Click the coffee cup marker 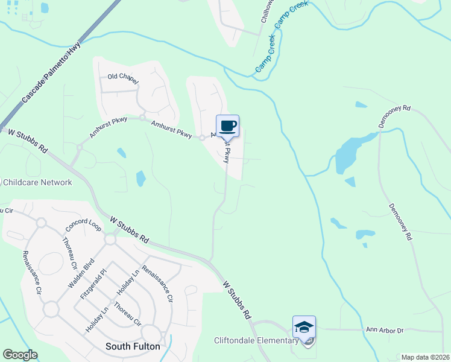(228, 127)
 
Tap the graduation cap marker (304, 328)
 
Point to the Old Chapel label (123, 77)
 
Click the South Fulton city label (133, 346)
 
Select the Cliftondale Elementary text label (256, 340)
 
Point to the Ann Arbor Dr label (384, 330)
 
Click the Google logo (20, 355)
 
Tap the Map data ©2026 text (425, 357)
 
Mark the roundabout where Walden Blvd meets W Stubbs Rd (110, 240)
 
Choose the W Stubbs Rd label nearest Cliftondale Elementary (237, 299)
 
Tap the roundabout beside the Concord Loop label (42, 223)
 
